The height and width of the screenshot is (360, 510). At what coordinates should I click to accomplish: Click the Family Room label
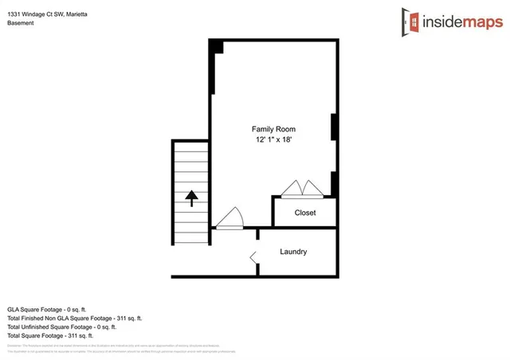[273, 129]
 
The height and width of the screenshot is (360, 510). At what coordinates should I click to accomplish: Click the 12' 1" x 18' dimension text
[273, 140]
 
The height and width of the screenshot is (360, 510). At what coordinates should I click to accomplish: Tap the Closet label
[305, 213]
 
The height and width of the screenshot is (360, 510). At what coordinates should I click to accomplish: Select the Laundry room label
[293, 252]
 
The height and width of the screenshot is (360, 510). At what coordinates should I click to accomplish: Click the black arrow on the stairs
[191, 198]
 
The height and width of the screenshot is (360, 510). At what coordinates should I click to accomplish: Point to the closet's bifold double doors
[301, 188]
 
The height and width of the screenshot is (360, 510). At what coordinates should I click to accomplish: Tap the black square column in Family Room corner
[216, 47]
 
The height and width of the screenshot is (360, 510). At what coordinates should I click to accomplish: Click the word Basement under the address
[21, 23]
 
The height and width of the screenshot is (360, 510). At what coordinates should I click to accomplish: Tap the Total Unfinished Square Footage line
[61, 327]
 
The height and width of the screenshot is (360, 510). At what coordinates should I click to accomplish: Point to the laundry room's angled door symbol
[254, 257]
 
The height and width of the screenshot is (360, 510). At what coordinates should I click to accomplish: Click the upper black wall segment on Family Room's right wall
[335, 127]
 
